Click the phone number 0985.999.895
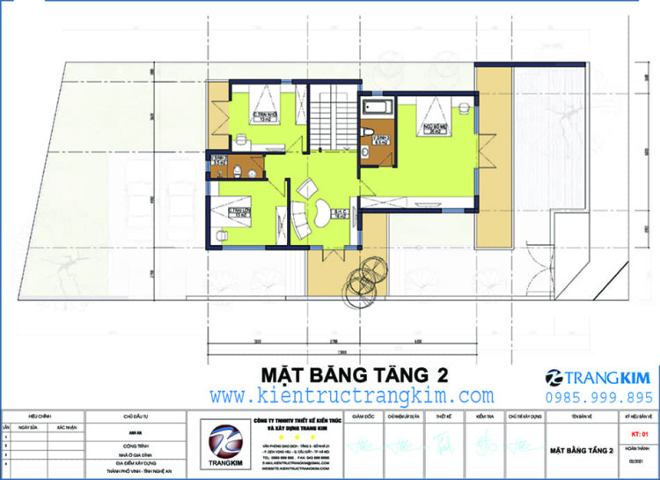(598, 397)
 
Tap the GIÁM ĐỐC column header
(363, 413)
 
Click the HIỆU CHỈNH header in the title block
(39, 413)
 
